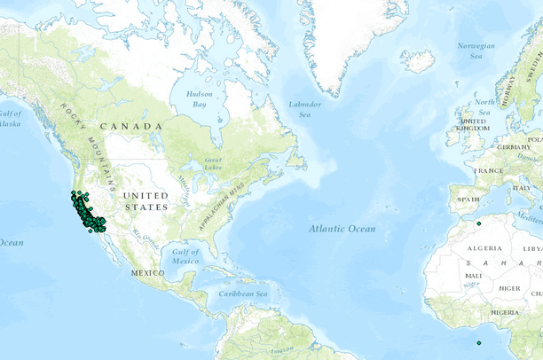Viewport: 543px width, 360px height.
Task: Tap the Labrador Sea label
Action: coord(304,109)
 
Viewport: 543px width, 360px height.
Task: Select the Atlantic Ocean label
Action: coord(342,229)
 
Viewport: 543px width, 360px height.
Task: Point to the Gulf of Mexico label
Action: coord(185,256)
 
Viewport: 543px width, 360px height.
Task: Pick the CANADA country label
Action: coord(131,126)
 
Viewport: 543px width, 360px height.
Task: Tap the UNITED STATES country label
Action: coord(145,200)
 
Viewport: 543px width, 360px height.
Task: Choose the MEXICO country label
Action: coord(147,272)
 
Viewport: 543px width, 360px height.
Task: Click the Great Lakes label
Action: coord(213,163)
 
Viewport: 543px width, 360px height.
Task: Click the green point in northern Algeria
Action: coord(478,223)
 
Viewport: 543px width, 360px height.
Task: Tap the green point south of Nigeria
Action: coord(478,343)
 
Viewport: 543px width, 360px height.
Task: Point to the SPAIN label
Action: coord(468,200)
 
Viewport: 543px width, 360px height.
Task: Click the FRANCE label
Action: coord(488,170)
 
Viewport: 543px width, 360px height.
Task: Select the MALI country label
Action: coord(473,275)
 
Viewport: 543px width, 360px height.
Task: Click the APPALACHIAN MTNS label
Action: coord(224,200)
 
